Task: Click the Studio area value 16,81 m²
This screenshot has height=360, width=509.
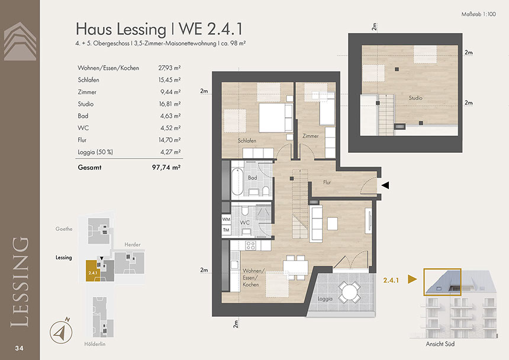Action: point(169,104)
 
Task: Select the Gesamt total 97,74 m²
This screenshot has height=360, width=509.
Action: point(166,168)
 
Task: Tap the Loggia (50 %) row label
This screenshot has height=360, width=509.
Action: point(95,152)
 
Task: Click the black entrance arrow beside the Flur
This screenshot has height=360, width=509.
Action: point(385,185)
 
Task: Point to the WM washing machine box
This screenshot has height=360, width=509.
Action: point(226,219)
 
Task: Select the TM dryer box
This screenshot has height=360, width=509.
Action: point(226,230)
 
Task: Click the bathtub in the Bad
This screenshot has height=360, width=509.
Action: point(237,181)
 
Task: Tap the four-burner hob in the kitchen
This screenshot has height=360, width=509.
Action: point(250,245)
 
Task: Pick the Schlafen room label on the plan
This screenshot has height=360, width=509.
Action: point(247,140)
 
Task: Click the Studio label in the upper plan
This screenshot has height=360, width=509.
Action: point(415,98)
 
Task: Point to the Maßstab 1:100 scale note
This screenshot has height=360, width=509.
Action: point(478,14)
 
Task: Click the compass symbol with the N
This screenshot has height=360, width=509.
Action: point(61,332)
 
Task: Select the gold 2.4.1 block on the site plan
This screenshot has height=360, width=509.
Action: point(93,271)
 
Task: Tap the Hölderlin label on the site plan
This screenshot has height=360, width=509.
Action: point(95,344)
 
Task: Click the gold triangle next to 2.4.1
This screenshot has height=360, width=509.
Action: point(413,279)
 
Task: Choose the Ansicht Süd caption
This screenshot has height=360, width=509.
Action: point(440,344)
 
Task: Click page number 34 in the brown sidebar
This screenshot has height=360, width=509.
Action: point(19,348)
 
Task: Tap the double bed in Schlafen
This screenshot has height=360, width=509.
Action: point(276,117)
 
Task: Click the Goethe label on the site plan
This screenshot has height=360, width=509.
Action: point(64,229)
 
